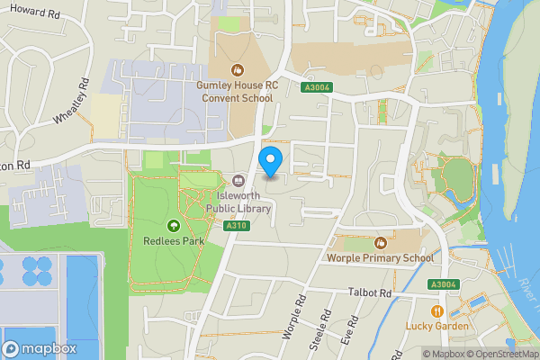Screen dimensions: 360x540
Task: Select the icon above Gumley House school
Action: [238, 69]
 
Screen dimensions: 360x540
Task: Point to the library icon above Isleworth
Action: [238, 179]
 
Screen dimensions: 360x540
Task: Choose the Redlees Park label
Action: [173, 240]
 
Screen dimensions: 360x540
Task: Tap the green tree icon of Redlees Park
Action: [173, 225]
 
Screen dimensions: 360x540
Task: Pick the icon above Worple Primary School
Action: [380, 243]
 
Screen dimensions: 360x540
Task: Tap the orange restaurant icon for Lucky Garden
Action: [436, 310]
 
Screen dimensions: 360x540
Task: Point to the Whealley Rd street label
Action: [71, 103]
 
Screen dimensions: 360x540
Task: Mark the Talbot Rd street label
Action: [370, 293]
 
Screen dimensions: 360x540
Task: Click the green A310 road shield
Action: [237, 225]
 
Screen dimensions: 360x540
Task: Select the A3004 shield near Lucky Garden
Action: [442, 284]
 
